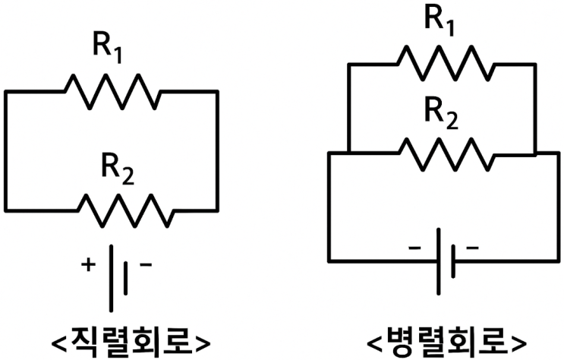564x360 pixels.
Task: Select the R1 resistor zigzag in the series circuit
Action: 112,90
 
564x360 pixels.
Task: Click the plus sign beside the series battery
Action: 88,265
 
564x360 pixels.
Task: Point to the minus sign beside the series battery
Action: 145,265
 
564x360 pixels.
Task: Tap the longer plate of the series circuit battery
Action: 112,277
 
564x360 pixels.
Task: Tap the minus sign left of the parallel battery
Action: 414,248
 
